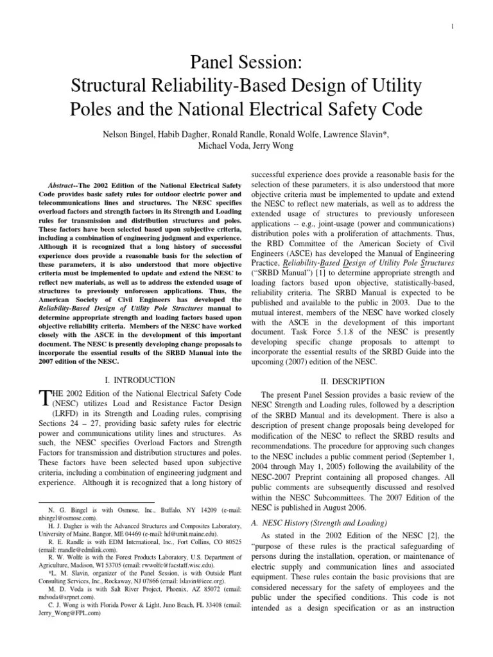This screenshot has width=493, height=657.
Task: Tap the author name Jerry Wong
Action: [x=278, y=146]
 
